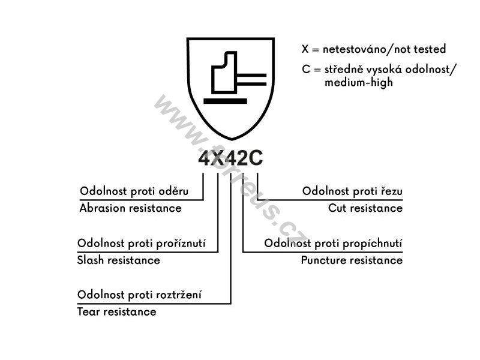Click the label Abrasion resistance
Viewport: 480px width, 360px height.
pos(130,208)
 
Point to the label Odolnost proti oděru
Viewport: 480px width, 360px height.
pos(134,191)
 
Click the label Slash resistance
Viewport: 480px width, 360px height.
pos(119,260)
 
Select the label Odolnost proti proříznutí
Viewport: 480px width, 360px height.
pos(142,244)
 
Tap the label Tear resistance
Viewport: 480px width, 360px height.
pos(116,311)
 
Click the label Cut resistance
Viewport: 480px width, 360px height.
pos(365,208)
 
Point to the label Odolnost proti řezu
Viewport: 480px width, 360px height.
pos(352,191)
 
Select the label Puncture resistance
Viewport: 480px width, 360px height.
pos(352,260)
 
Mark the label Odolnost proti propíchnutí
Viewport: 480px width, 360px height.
pos(333,244)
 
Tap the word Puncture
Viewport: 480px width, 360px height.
pos(323,260)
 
